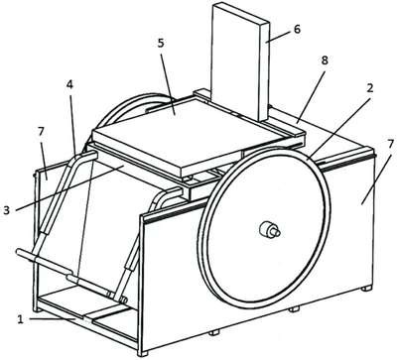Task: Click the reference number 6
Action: pos(297,30)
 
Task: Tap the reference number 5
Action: pos(161,44)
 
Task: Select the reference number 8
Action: pos(324,60)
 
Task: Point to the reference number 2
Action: pos(369,88)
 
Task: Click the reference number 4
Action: pos(69,84)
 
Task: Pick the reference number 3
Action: pos(7,210)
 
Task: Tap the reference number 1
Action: pos(21,319)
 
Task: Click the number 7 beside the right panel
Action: pos(390,145)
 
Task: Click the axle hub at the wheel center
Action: pos(270,229)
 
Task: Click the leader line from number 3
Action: pos(69,187)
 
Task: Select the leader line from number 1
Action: pos(53,319)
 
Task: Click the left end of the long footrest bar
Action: pos(18,252)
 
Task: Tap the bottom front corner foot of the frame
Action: pos(143,353)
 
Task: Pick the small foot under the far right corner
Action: pos(366,289)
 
